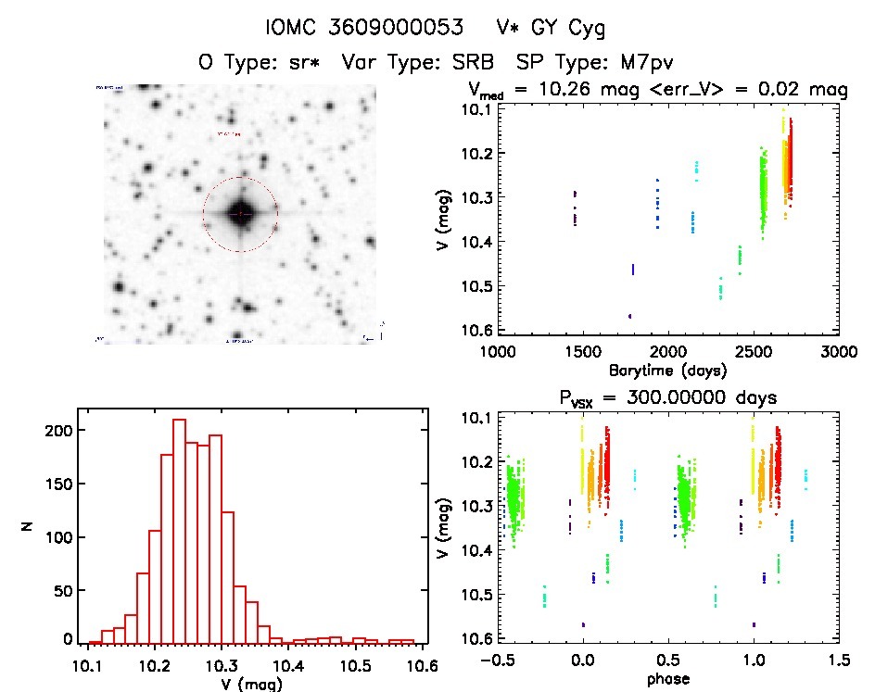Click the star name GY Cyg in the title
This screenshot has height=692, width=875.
coord(569,29)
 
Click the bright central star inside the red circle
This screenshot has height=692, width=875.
coord(240,214)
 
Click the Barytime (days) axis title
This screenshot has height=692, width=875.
coord(667,370)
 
